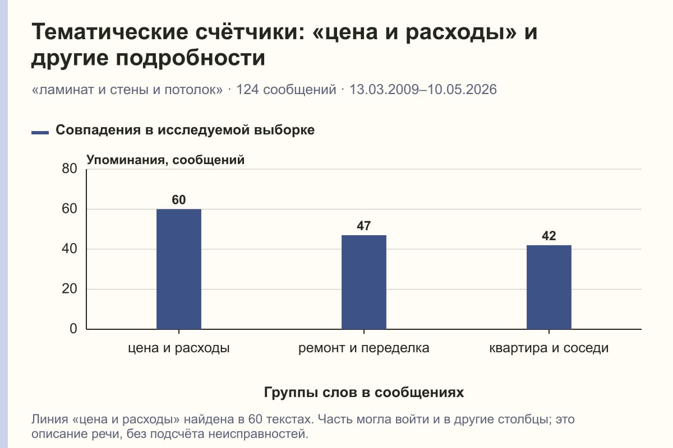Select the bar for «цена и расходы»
click(x=179, y=269)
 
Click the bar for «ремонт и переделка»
click(x=364, y=282)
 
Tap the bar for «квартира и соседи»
click(x=549, y=287)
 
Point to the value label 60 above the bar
click(x=179, y=200)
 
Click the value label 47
click(x=364, y=226)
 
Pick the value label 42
click(x=549, y=236)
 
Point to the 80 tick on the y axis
click(x=70, y=169)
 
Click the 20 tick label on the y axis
click(x=70, y=289)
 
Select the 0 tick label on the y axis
click(x=73, y=329)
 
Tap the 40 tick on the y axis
click(x=70, y=249)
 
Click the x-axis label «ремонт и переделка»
click(x=364, y=348)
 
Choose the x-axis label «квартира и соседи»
click(x=549, y=348)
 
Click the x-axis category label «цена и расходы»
click(x=179, y=348)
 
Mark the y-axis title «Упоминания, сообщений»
click(x=165, y=160)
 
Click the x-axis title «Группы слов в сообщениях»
click(x=364, y=393)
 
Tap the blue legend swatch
click(x=40, y=133)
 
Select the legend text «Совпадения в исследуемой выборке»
click(x=185, y=130)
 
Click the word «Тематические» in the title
click(x=110, y=32)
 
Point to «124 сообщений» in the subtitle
click(x=286, y=90)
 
